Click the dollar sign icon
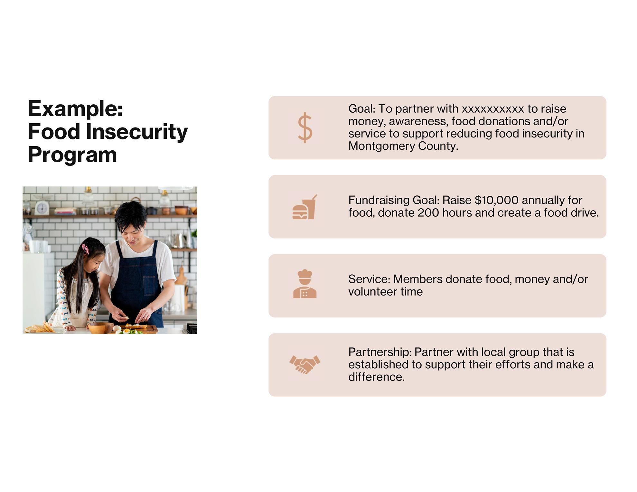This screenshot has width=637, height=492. click(305, 128)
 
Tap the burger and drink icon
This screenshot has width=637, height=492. click(304, 207)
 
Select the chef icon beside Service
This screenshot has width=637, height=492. click(304, 284)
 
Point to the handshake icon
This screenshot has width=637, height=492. click(305, 364)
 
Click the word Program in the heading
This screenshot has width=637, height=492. click(72, 155)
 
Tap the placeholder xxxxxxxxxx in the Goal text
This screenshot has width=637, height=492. click(493, 109)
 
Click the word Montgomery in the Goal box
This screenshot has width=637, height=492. click(381, 147)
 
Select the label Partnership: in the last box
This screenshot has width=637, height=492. click(380, 352)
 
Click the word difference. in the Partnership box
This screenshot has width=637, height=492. click(376, 377)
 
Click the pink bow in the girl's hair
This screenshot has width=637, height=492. click(85, 249)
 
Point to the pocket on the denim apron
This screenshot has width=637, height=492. click(149, 285)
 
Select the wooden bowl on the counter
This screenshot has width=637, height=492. click(101, 328)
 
